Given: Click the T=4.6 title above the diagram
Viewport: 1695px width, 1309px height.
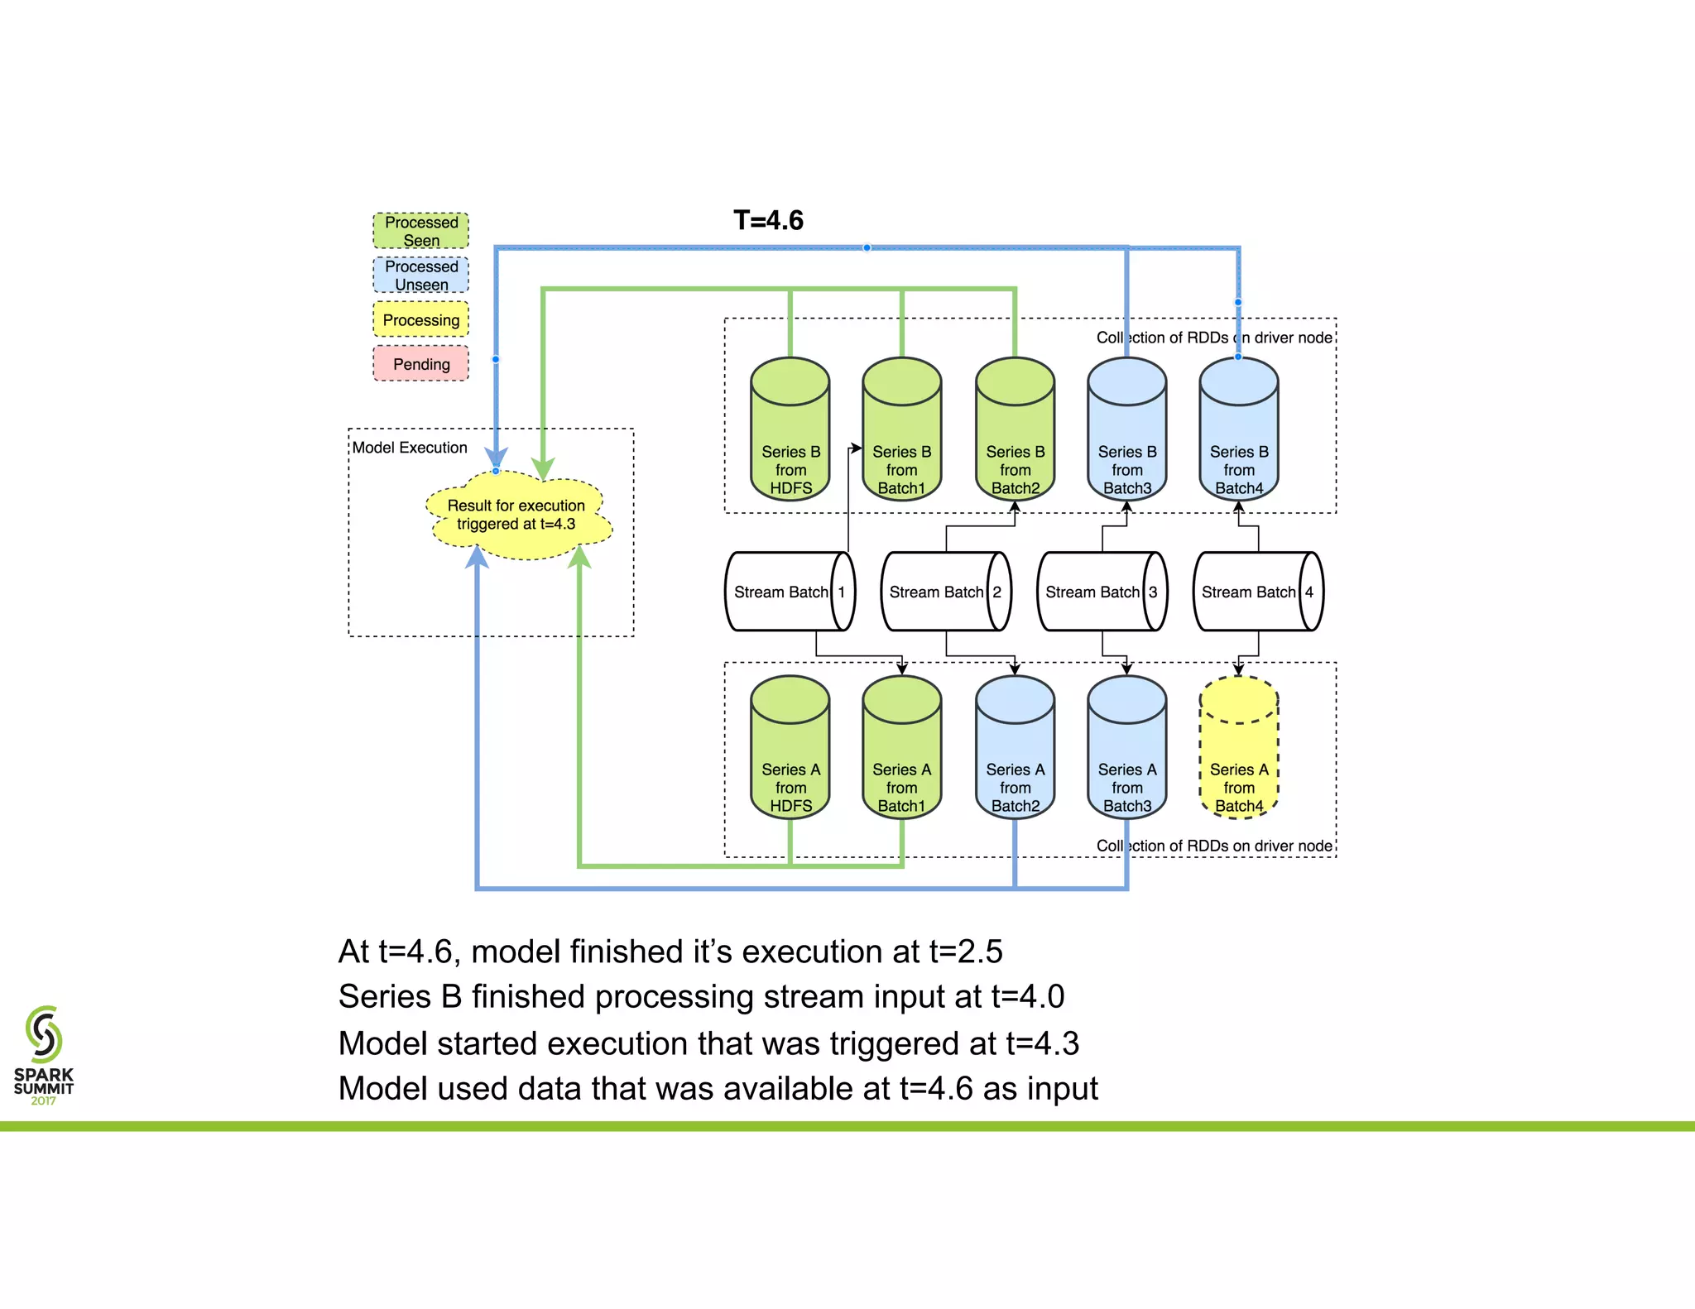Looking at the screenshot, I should (x=768, y=220).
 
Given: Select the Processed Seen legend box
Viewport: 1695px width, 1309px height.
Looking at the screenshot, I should (x=420, y=231).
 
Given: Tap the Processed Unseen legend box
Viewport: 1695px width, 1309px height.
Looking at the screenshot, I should (x=420, y=275).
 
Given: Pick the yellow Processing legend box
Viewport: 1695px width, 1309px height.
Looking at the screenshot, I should (x=420, y=319).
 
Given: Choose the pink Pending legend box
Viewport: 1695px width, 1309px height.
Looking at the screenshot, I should (x=420, y=363).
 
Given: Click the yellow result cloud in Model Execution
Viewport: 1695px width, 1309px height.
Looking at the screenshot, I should (x=518, y=515).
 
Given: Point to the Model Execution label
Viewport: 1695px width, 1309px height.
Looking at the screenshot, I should (x=410, y=448).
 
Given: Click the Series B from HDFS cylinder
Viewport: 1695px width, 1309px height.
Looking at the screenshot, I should (x=790, y=430).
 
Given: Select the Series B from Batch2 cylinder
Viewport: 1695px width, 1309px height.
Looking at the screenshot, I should (x=1015, y=430).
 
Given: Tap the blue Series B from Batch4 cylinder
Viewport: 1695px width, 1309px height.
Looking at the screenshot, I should (x=1238, y=430).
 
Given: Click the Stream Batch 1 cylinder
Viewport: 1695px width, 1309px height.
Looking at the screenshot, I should (x=790, y=592).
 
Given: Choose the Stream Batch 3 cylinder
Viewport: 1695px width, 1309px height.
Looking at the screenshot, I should (x=1102, y=592).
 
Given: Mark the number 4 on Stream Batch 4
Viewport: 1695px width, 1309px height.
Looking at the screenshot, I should (x=1309, y=592).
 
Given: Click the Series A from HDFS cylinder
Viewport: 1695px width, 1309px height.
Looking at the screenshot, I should (x=790, y=749).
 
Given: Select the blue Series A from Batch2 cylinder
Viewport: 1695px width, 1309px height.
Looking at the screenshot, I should (x=1015, y=749).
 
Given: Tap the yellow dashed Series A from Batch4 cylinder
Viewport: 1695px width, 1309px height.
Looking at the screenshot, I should (x=1238, y=749).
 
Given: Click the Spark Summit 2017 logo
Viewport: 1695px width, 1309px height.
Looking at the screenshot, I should (x=44, y=1055).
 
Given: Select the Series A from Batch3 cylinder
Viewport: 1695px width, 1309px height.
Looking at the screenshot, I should (x=1126, y=749).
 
